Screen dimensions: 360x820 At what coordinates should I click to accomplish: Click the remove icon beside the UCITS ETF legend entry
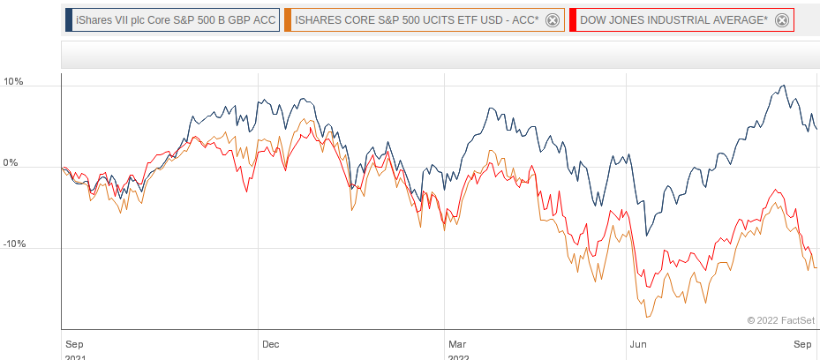pyautogui.click(x=553, y=20)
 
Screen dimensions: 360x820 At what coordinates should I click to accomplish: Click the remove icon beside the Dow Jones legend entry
pyautogui.click(x=781, y=20)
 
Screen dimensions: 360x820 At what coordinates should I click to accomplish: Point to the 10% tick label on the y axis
pyautogui.click(x=13, y=82)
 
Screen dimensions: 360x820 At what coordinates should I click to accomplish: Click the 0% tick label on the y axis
pyautogui.click(x=11, y=163)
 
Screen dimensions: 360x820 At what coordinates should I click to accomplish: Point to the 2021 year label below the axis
pyautogui.click(x=76, y=356)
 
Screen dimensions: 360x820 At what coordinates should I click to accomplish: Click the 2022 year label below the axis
pyautogui.click(x=459, y=356)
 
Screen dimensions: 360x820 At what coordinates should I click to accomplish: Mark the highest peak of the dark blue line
pyautogui.click(x=783, y=86)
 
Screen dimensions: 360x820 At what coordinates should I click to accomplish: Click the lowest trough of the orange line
pyautogui.click(x=647, y=317)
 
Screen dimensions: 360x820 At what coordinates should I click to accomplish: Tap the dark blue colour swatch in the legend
pyautogui.click(x=69, y=20)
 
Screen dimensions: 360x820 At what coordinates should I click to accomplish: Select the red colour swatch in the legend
pyautogui.click(x=575, y=20)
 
